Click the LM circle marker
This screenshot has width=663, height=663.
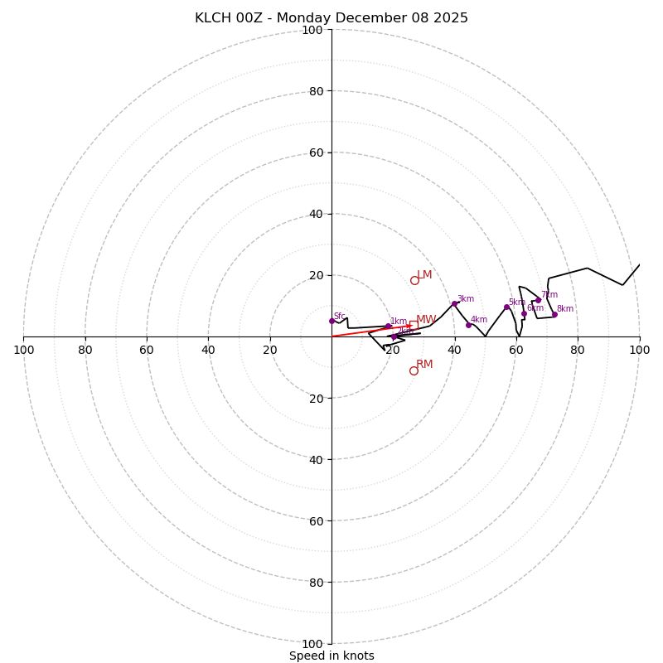414,280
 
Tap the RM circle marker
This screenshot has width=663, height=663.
414,370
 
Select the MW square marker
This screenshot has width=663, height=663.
414,325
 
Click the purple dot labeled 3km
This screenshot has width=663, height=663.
454,303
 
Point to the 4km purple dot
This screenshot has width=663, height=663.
468,325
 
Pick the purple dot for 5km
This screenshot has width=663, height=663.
506,307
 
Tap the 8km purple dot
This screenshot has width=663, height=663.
554,314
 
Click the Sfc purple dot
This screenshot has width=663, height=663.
331,321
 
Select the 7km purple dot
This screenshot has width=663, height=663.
538,300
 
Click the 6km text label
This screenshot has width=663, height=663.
535,308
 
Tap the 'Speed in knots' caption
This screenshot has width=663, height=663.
331,656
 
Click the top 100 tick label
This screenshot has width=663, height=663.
312,30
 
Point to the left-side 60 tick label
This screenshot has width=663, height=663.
147,350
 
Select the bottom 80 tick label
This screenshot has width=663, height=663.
315,583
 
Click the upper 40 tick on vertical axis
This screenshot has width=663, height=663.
315,214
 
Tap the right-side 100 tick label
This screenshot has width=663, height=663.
639,350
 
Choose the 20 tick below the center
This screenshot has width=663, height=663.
315,399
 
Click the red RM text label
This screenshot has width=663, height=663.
424,365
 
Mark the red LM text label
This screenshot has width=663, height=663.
424,275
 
